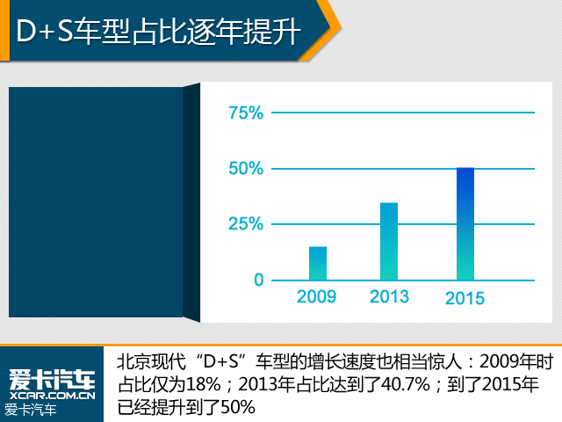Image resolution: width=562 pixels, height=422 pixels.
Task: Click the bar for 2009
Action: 318,264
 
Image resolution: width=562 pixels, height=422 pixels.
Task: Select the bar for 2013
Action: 389,242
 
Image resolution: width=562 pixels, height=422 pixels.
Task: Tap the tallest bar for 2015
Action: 465,224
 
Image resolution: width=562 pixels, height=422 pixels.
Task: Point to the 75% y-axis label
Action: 246,113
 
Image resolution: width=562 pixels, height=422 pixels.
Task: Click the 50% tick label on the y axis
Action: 246,169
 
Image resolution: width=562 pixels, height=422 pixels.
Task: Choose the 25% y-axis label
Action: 246,224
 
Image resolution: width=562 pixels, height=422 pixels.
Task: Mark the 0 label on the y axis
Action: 259,280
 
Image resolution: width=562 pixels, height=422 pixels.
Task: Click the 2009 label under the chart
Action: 316,297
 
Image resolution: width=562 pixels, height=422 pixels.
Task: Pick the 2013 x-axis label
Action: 389,297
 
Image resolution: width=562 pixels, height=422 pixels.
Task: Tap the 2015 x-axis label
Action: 465,298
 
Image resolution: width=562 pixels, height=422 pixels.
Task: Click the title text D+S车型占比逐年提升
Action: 158,32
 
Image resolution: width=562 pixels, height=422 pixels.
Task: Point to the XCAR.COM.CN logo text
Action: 53,396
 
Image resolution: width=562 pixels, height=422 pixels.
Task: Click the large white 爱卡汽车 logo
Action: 53,380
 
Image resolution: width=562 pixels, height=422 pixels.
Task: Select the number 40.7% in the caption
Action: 406,385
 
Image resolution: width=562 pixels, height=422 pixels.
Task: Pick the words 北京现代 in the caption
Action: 152,361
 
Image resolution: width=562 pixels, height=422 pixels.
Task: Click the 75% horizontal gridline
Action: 403,113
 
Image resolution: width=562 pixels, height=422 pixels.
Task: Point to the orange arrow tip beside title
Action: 341,29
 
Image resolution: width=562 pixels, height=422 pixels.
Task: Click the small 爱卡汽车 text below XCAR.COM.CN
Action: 31,411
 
